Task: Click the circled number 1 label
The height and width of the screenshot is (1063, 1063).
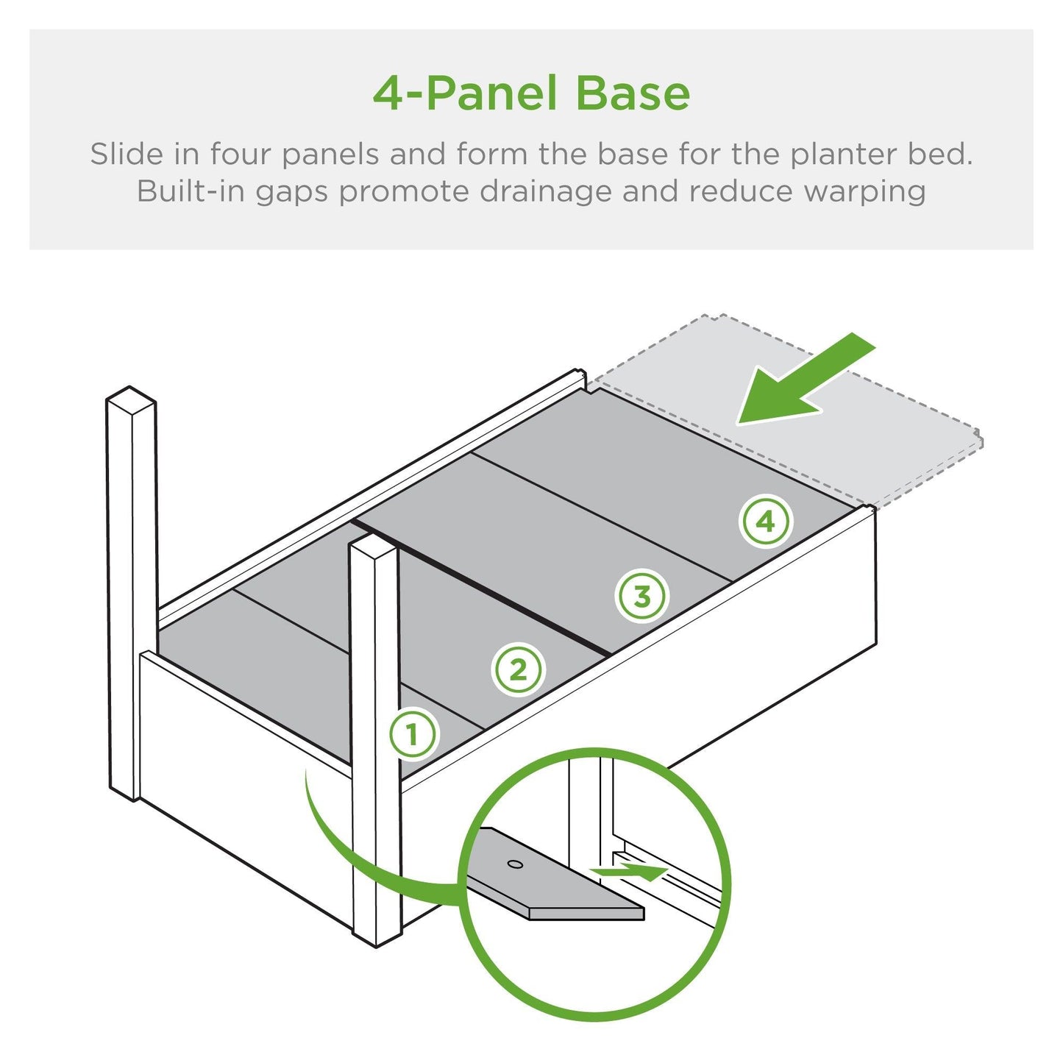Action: tap(413, 734)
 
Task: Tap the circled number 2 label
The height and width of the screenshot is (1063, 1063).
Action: tap(518, 670)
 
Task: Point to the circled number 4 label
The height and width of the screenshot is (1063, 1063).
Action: tap(765, 522)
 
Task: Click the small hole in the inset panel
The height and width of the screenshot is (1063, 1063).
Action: tap(515, 864)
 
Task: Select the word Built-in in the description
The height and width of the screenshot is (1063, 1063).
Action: tap(191, 191)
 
